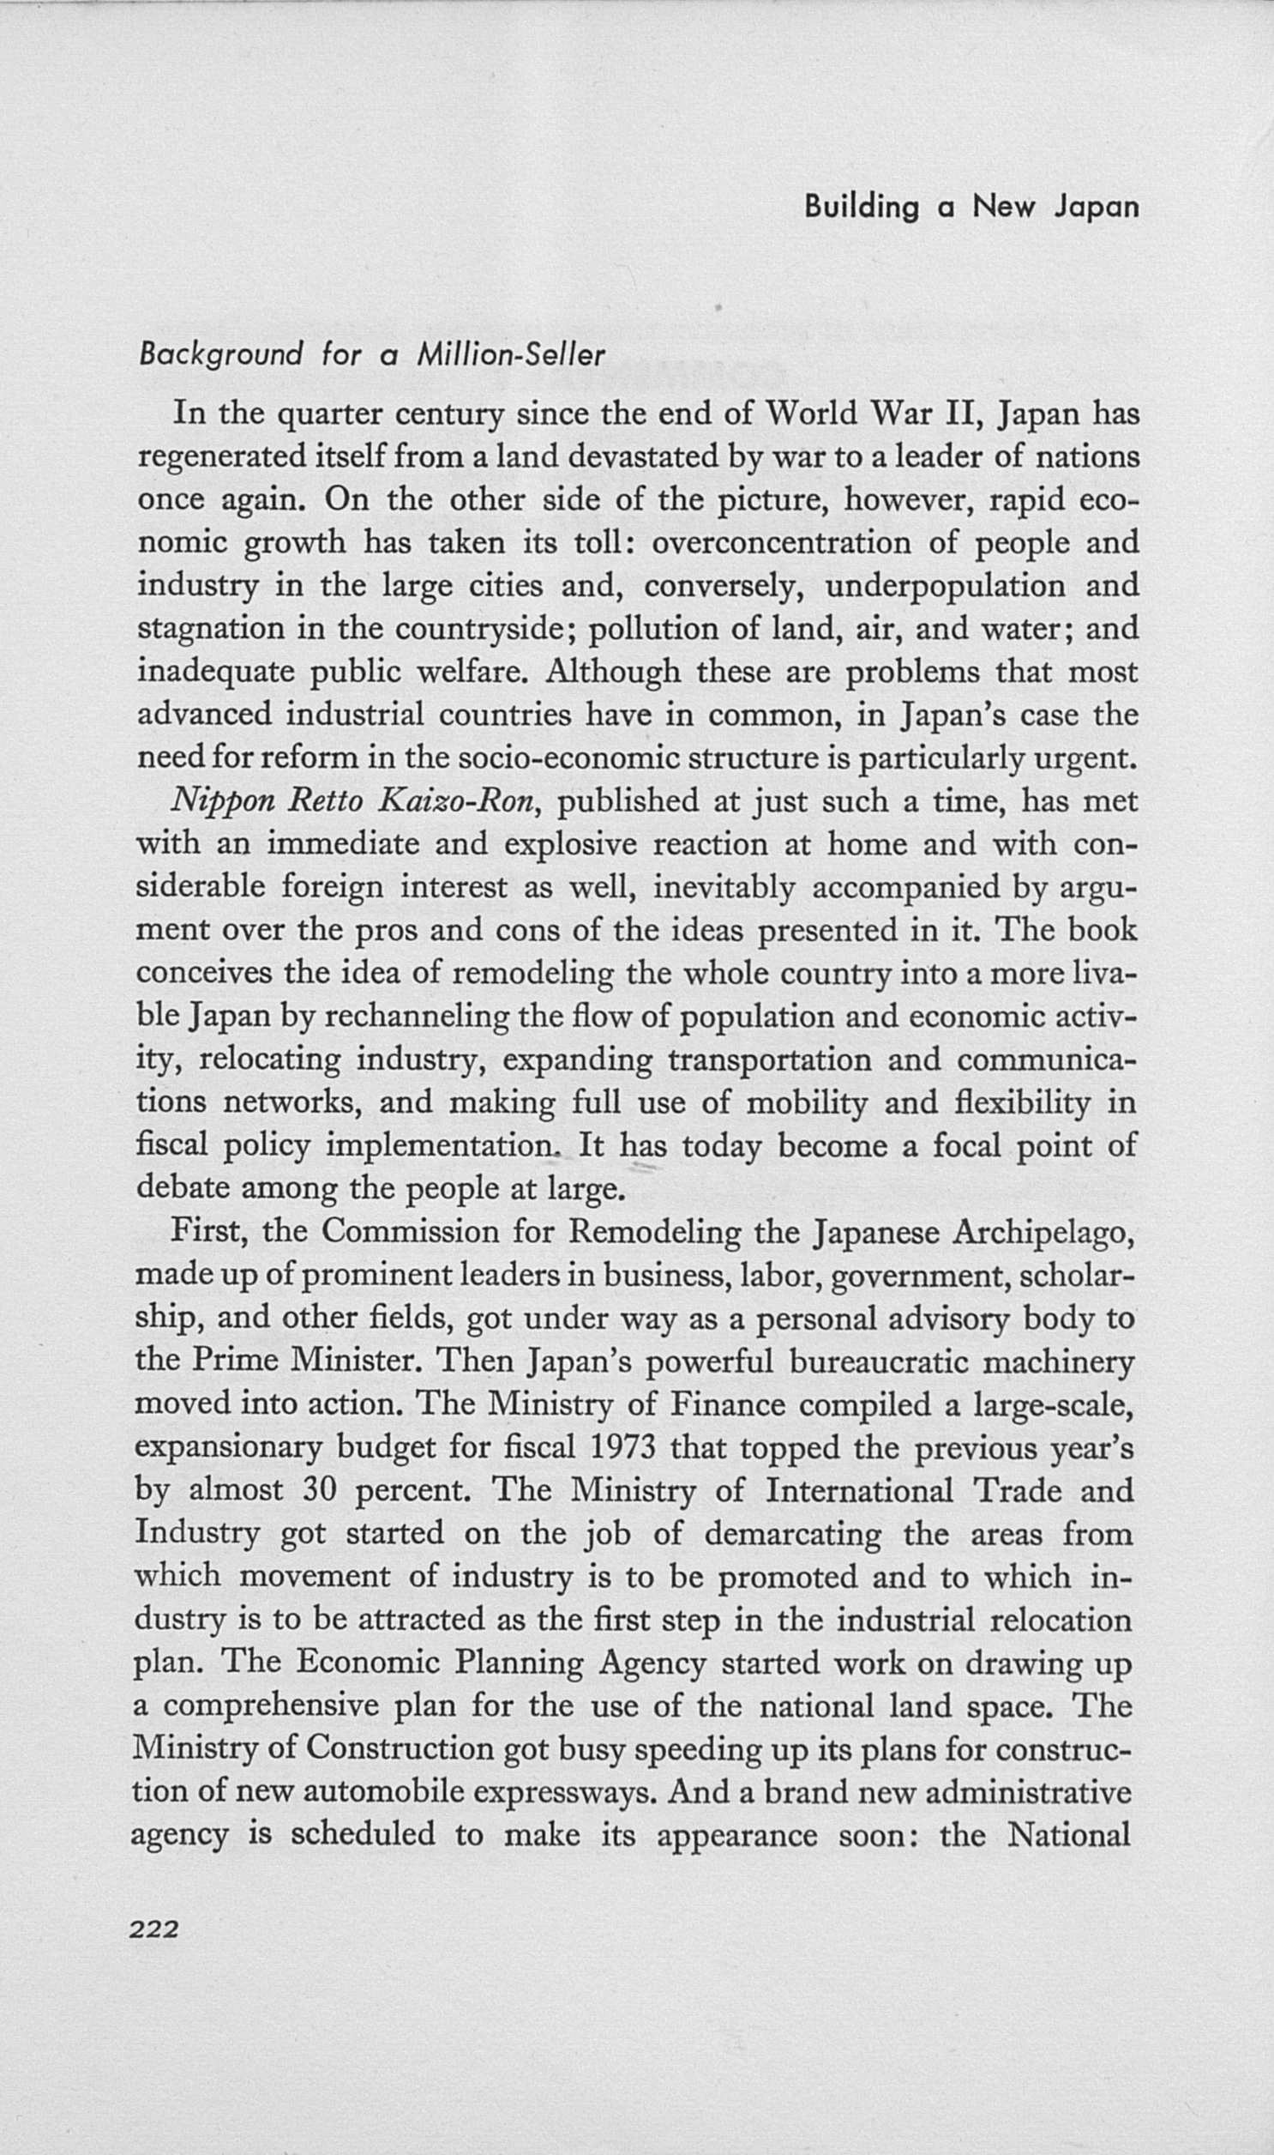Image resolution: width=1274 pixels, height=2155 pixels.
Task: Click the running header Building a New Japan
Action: (971, 208)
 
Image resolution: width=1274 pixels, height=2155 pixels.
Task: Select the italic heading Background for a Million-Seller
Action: (372, 354)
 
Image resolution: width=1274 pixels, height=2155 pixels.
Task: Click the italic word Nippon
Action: (221, 802)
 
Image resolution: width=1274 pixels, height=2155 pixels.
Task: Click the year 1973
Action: (623, 1447)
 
